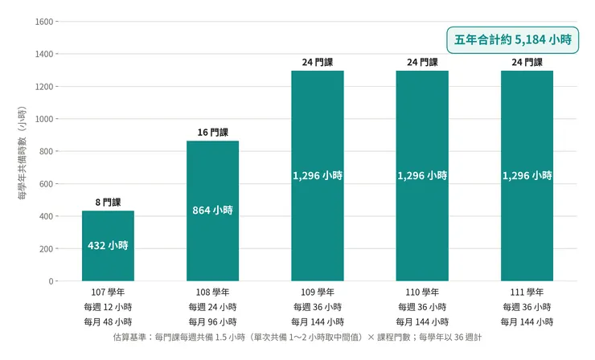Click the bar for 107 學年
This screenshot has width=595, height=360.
[109, 246]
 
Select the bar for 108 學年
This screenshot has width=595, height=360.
[213, 211]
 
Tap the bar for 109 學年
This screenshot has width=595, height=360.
[318, 176]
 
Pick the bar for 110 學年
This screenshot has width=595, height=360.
[422, 176]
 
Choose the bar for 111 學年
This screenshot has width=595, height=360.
[527, 176]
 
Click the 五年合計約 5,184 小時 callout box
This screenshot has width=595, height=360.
[513, 40]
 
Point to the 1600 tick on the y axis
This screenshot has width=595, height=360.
[44, 22]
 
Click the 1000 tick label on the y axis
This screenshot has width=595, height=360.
[44, 119]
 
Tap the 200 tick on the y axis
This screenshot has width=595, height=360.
[47, 249]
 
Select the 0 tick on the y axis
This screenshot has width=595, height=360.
[51, 281]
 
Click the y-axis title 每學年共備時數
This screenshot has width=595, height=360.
[23, 153]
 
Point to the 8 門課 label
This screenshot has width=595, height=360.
[109, 202]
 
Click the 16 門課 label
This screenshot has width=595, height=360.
[213, 133]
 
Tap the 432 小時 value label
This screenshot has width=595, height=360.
[109, 245]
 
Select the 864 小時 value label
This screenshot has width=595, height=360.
[213, 211]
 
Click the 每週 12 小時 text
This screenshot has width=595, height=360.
[109, 307]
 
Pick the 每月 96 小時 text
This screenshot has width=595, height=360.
[213, 322]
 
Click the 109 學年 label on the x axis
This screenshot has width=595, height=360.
[318, 292]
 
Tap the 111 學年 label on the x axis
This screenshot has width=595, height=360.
[527, 292]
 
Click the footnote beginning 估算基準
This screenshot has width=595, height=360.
[297, 337]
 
